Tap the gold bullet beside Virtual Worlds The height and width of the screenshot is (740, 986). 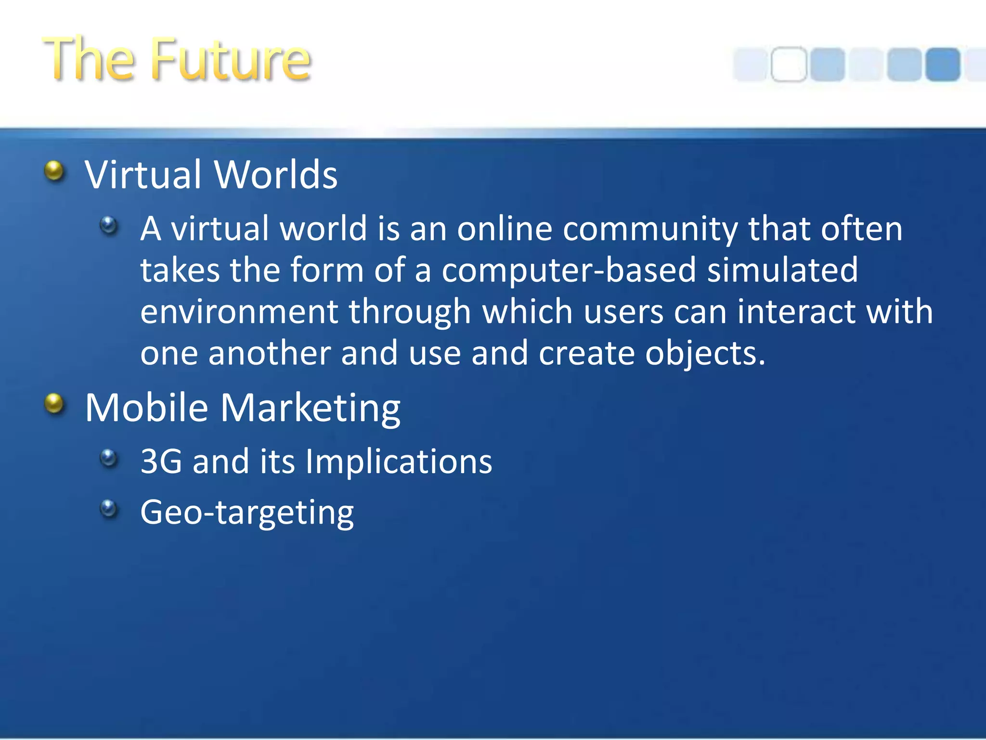pos(54,171)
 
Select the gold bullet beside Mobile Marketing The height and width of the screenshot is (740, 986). pos(54,404)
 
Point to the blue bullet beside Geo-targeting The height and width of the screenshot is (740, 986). pos(109,508)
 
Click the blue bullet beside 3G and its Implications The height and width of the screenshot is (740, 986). pos(109,458)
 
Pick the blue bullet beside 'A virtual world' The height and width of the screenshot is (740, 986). pos(109,225)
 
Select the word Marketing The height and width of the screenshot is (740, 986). pos(311,408)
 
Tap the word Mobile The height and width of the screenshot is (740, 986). pos(146,408)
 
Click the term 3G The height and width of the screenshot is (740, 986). pos(161,462)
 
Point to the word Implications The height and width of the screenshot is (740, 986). pos(399,462)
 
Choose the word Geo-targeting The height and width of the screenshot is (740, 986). pos(247,513)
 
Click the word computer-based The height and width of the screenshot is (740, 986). pos(569,270)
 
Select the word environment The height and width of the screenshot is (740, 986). pos(239,312)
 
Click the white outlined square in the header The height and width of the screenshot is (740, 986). pos(788,64)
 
